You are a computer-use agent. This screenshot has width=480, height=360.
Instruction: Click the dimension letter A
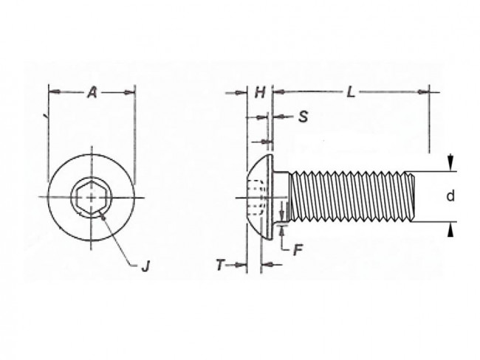(92, 92)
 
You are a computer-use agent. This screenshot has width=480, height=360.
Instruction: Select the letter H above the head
(259, 92)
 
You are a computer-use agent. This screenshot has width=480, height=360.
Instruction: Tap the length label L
(351, 92)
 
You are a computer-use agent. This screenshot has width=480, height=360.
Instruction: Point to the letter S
(304, 117)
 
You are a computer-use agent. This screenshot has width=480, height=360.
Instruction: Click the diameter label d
(449, 196)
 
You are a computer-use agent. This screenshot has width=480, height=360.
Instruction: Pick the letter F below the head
(298, 249)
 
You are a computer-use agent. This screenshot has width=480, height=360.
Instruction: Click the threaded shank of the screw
(347, 197)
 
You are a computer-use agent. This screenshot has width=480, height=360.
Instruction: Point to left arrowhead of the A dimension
(52, 92)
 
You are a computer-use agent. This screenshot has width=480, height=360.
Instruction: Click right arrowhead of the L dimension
(424, 92)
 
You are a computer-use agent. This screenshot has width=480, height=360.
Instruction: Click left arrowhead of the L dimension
(278, 92)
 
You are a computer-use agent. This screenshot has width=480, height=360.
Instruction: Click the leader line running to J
(118, 240)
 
